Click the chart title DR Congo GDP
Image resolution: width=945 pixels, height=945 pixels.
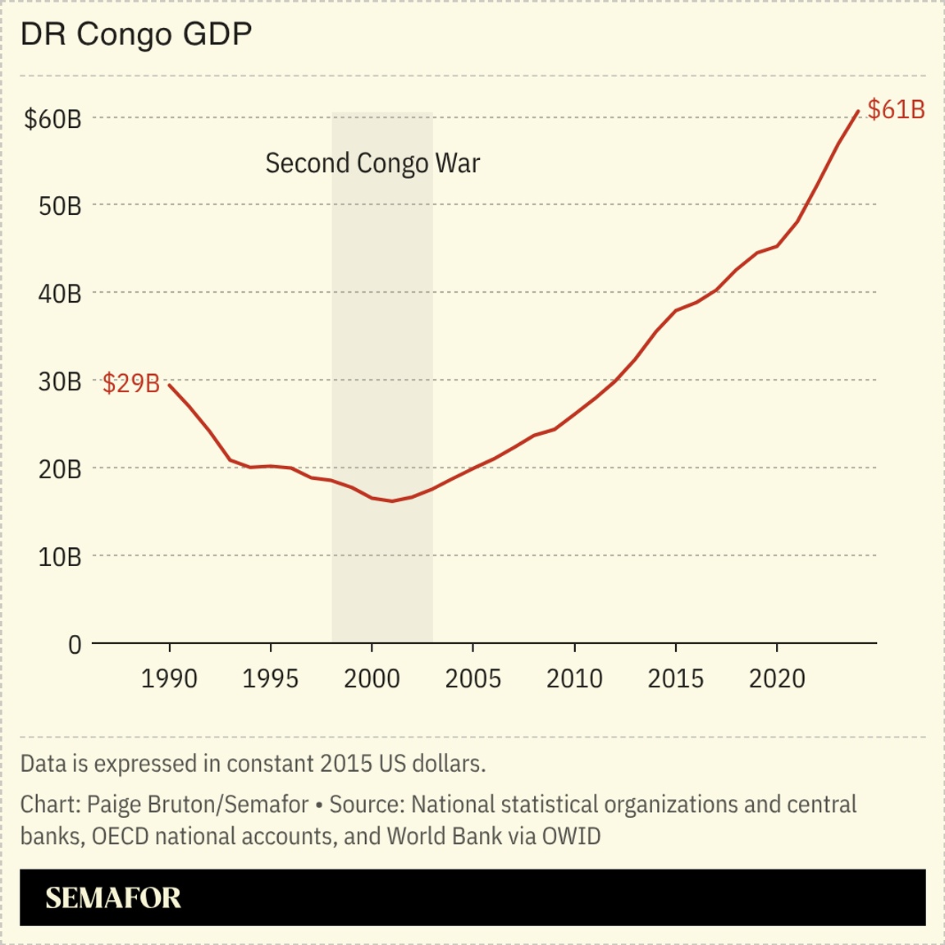click(x=136, y=34)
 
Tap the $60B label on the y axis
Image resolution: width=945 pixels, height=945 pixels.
click(x=53, y=119)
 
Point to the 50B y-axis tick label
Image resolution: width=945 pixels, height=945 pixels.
click(x=60, y=206)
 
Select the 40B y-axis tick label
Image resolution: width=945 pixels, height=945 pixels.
click(x=60, y=294)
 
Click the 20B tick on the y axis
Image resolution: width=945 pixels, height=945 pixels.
click(x=60, y=469)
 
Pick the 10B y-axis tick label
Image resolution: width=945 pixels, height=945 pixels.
click(x=60, y=557)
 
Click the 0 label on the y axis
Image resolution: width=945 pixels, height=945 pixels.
click(x=75, y=645)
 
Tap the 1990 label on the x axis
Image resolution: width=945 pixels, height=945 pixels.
click(x=169, y=679)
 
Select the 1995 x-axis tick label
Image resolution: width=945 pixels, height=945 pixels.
click(x=271, y=679)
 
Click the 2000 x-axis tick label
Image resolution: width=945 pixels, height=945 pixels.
click(x=372, y=679)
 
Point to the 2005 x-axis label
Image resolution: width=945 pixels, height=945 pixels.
click(x=472, y=679)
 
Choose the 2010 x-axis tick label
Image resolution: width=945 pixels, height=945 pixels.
click(x=574, y=679)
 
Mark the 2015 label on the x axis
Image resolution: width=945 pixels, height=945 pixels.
click(x=676, y=679)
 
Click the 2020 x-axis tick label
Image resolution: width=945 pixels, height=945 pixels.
click(x=777, y=679)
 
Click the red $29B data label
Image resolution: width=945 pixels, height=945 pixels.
click(x=131, y=383)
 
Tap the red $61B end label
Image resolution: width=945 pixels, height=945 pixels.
click(x=896, y=110)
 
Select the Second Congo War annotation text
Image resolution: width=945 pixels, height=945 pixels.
click(x=372, y=163)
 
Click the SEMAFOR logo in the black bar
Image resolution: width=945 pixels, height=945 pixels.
click(x=113, y=898)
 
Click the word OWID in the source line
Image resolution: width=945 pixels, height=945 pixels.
click(x=571, y=836)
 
